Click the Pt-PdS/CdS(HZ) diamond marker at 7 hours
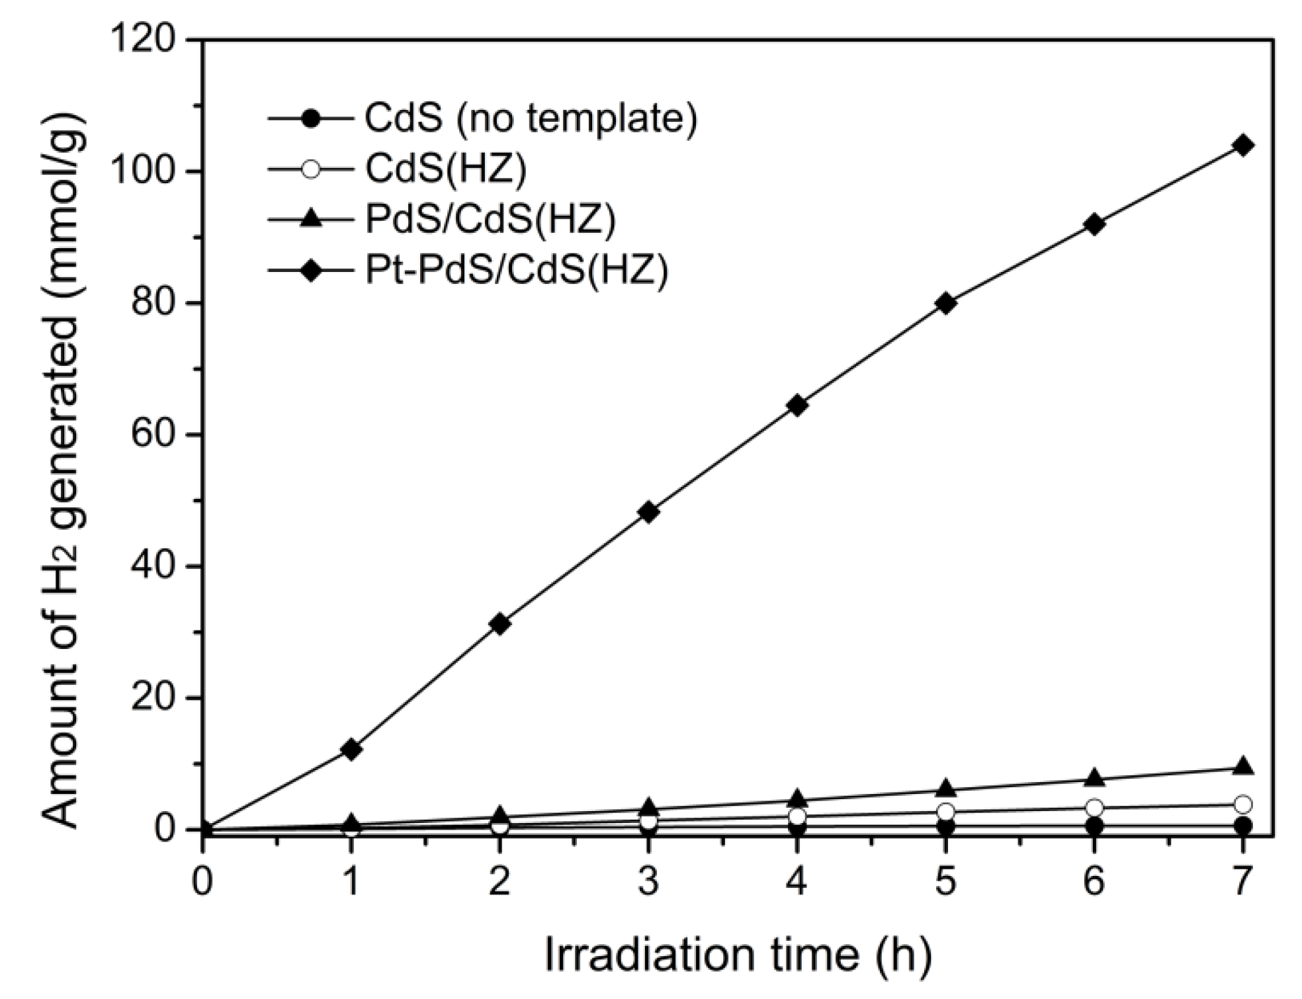tap(1242, 146)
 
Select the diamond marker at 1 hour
tap(351, 750)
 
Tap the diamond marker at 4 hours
tap(797, 406)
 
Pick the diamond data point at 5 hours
tap(945, 304)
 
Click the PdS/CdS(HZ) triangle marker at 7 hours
tap(1242, 766)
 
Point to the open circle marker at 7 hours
tap(1242, 804)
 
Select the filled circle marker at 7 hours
tap(1242, 826)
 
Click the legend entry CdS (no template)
tap(530, 118)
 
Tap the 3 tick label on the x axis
tap(648, 881)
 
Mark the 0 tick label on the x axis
tap(202, 881)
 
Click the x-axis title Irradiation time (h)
tap(737, 955)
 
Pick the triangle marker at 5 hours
tap(945, 789)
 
